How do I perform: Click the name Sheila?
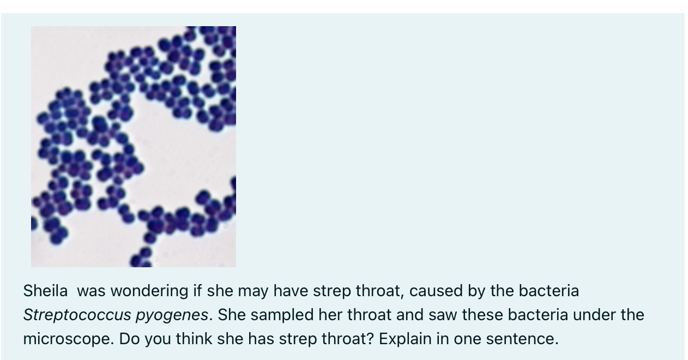tap(45, 291)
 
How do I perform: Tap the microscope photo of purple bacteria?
tap(134, 146)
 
